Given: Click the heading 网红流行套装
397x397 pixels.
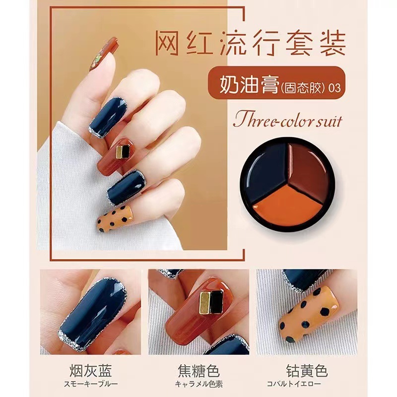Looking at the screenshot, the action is (x=250, y=43).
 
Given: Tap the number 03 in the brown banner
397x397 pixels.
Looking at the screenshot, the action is (x=334, y=88).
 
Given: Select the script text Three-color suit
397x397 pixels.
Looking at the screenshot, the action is (x=288, y=121).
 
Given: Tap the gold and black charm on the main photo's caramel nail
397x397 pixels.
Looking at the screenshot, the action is (x=123, y=151).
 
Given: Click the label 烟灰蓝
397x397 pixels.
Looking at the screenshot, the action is (x=91, y=371).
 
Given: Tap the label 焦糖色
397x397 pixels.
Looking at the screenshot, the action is (x=198, y=371).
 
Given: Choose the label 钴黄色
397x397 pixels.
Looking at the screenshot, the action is (x=307, y=371).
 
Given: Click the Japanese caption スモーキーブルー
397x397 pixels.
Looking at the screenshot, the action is (x=91, y=384).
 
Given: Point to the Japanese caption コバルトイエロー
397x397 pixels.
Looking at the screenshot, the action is (x=294, y=384).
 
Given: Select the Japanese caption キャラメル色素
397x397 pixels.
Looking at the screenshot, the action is (x=199, y=384).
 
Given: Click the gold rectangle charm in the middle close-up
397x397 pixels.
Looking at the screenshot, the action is (x=205, y=302).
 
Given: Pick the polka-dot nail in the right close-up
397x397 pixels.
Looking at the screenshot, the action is (x=309, y=314).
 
